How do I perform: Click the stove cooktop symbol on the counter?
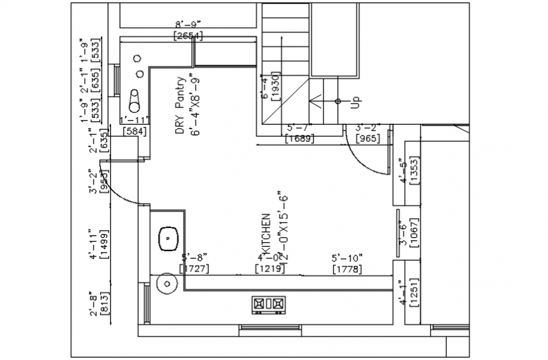(268, 305)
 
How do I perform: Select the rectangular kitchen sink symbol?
(168, 238)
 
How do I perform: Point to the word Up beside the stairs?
(355, 101)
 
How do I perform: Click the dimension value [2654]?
(188, 36)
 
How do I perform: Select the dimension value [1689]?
(299, 138)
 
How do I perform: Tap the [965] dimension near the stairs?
(368, 138)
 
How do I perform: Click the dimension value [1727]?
(194, 269)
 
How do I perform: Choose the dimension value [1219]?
(270, 269)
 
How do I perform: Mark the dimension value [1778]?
(348, 269)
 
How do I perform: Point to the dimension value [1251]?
(414, 293)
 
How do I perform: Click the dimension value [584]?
(134, 132)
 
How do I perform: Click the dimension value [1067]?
(414, 232)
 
